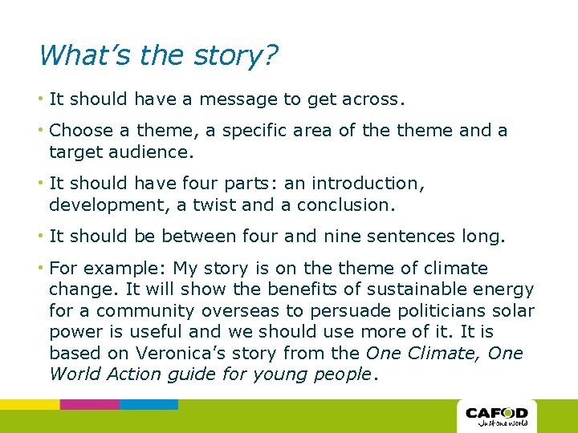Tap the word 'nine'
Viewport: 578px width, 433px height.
point(346,236)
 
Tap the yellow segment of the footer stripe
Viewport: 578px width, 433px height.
point(30,404)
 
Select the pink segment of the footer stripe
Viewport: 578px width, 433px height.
point(89,404)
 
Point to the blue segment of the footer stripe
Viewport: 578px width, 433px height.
point(149,404)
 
